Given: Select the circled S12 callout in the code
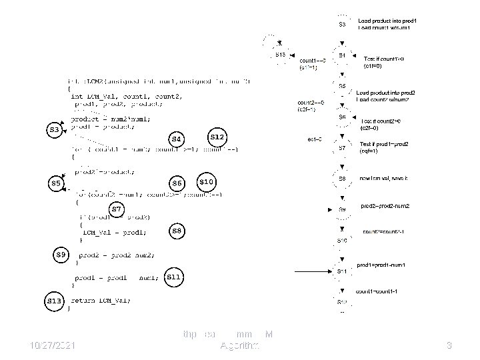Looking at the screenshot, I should click(x=217, y=137).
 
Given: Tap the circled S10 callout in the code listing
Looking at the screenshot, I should click(x=206, y=181).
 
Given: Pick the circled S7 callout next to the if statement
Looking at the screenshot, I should click(x=117, y=209).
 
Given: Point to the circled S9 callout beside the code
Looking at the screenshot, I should click(x=61, y=254).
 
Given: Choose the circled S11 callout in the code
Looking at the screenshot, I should click(x=173, y=276).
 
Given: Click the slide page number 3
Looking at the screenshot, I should click(x=449, y=345).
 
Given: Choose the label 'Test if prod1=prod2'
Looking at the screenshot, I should click(x=385, y=145).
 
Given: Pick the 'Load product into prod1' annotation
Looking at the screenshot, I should click(x=387, y=21).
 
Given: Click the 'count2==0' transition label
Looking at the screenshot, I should click(x=311, y=102).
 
